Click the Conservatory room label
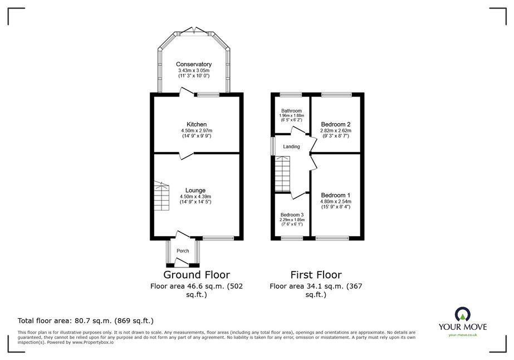click(194, 64)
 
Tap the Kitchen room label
click(197, 124)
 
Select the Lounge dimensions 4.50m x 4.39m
click(195, 197)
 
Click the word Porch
click(183, 251)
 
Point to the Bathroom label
click(291, 111)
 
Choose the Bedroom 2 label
click(336, 124)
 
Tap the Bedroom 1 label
click(336, 195)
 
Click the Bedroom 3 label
click(292, 215)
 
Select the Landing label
click(291, 147)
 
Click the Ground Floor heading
click(197, 275)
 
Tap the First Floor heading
click(316, 275)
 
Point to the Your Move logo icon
click(463, 314)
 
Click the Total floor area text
click(86, 320)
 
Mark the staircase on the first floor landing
click(282, 174)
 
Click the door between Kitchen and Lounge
click(186, 155)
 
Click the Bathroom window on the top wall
click(291, 95)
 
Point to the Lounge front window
click(218, 239)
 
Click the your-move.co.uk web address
click(463, 335)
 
